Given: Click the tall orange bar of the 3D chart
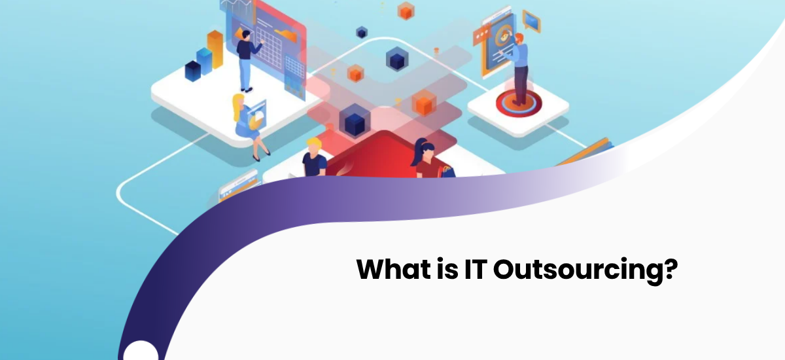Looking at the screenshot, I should point(215,48).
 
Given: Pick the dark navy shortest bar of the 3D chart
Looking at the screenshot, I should point(192,70).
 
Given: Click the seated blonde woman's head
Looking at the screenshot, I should point(238,102).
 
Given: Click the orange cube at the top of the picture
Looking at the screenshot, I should point(407,10).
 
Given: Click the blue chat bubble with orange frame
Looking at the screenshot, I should point(532,22).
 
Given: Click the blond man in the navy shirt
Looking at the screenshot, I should point(314,158).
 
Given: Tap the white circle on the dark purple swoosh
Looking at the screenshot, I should point(141,351).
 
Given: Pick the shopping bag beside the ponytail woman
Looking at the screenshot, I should point(447,171).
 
